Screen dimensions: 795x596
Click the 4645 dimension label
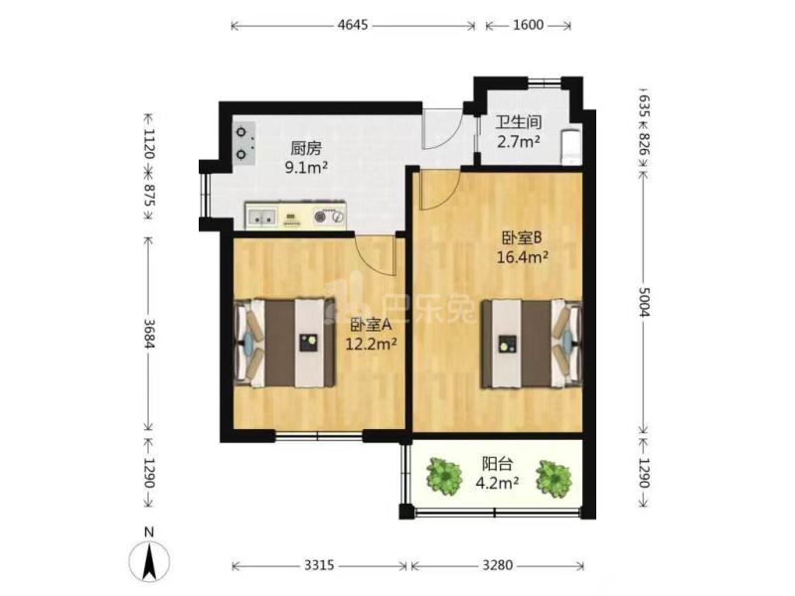coord(353,25)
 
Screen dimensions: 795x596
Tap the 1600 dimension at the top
coord(529,25)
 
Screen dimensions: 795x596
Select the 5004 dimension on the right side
coord(644,302)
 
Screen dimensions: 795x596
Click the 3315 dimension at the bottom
coord(319,564)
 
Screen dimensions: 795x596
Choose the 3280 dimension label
coord(498,564)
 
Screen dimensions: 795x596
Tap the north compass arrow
coord(149,560)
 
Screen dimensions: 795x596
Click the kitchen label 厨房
coord(306,149)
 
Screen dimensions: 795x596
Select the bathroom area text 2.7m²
coord(518,141)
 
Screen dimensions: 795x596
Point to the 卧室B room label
coord(523,237)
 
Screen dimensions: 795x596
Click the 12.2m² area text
coord(371,345)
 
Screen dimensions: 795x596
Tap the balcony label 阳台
coord(497,464)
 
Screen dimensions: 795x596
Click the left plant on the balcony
coord(444,477)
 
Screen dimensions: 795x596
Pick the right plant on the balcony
coord(555,478)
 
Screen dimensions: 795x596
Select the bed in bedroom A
coord(285,343)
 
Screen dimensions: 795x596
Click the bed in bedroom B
coord(532,344)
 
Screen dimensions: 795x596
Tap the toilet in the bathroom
coord(570,147)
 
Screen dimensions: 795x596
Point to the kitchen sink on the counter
coord(261,217)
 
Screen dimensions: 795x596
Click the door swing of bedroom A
coord(376,255)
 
